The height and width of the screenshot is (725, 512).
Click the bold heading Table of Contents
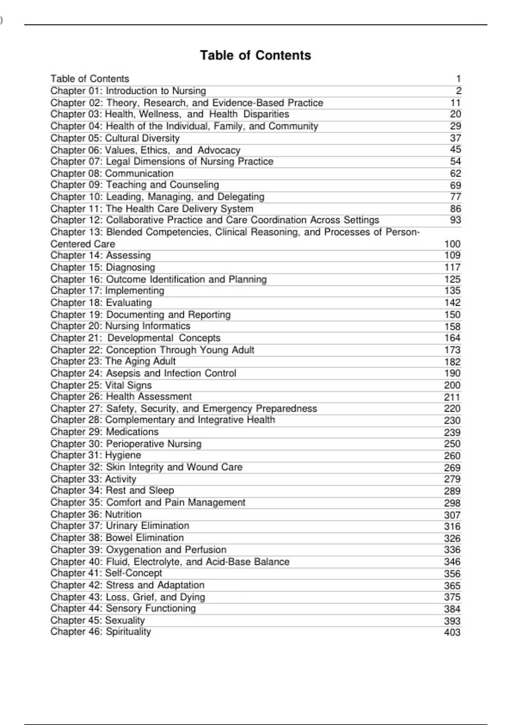256,55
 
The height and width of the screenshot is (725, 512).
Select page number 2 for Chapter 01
458,91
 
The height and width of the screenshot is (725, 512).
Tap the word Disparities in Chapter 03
266,114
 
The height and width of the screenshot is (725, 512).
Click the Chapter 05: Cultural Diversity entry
115,138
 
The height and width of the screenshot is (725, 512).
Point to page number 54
455,162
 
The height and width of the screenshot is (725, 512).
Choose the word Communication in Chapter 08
139,174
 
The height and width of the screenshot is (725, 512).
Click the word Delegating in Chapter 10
241,197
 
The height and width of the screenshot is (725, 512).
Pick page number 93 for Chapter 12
455,220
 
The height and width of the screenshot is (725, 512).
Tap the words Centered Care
83,244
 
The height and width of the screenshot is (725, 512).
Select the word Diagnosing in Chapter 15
130,267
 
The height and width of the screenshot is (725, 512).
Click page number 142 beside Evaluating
452,303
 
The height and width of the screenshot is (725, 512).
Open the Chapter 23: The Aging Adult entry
113,362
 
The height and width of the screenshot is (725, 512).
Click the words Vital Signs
128,385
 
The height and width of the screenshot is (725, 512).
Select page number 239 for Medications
452,432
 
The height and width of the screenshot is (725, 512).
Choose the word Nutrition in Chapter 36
123,515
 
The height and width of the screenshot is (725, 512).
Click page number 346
452,562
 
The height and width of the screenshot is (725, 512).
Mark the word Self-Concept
134,574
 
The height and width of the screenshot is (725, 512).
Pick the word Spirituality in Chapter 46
128,632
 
